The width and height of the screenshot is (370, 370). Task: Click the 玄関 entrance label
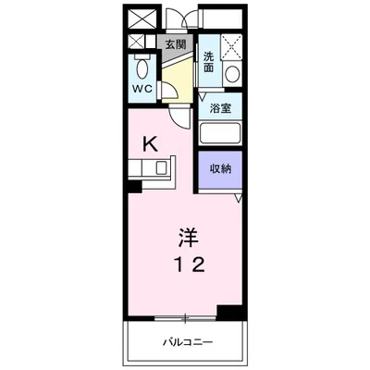coord(176,45)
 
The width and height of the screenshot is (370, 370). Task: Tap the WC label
coord(142,89)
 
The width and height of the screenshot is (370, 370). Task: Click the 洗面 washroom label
coord(209,62)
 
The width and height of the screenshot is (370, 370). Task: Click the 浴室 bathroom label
coord(220,108)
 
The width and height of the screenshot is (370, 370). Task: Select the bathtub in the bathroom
coord(220,133)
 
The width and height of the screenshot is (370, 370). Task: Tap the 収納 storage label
coord(221,168)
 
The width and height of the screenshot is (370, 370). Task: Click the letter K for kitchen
coord(151,144)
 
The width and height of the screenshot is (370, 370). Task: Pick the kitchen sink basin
coord(161,167)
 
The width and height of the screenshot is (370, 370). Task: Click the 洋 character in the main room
coord(188,237)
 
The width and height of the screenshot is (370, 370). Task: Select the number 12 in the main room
coord(191,265)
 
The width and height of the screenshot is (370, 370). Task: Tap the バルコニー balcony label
coord(188,342)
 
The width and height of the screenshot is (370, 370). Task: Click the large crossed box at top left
coord(142,18)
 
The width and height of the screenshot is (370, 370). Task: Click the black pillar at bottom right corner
coord(231,313)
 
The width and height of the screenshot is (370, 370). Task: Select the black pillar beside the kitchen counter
coord(135,186)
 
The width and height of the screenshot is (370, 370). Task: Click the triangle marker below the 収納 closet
coord(239,198)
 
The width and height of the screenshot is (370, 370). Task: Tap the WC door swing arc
coord(172,89)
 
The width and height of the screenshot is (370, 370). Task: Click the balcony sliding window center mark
coord(185,318)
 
